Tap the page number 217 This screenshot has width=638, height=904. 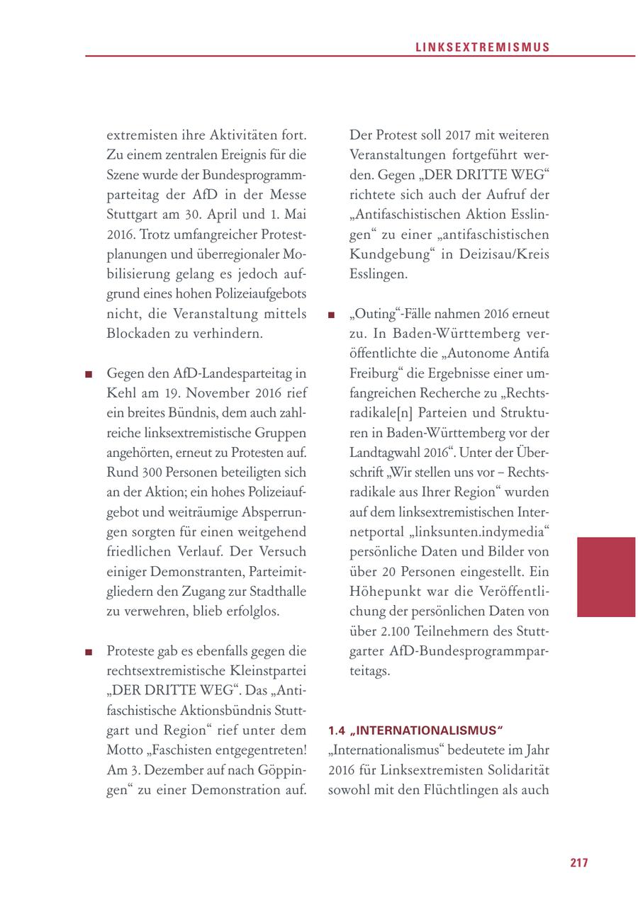pos(579,862)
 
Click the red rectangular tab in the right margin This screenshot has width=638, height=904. pos(605,577)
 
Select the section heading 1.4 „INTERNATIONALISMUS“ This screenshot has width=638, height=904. pos(415,730)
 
